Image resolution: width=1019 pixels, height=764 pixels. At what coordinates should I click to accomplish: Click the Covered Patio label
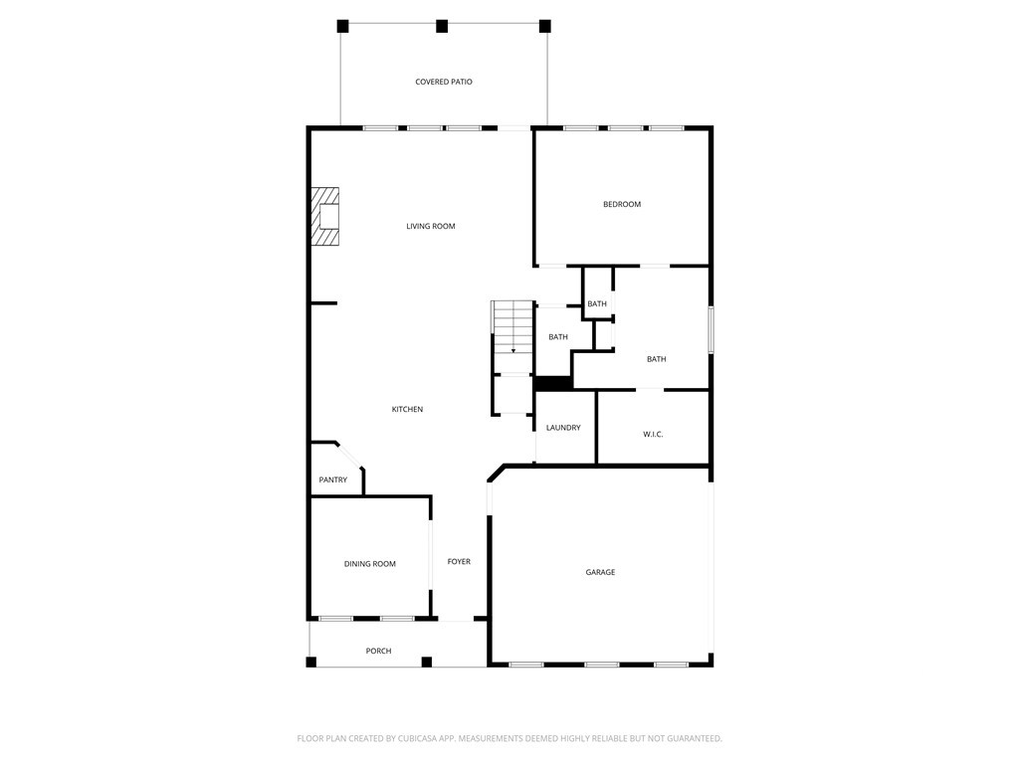pyautogui.click(x=444, y=82)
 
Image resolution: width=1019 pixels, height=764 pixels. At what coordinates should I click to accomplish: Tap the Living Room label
pyautogui.click(x=431, y=227)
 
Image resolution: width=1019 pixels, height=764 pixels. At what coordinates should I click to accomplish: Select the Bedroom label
pyautogui.click(x=622, y=205)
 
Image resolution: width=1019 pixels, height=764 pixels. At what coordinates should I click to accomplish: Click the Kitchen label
pyautogui.click(x=407, y=410)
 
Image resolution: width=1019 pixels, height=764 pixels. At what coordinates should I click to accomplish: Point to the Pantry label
pyautogui.click(x=333, y=480)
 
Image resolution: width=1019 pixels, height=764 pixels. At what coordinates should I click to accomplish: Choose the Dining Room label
pyautogui.click(x=370, y=564)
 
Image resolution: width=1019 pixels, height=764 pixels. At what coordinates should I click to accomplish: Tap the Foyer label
pyautogui.click(x=459, y=562)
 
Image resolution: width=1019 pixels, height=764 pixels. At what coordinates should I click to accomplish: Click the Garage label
pyautogui.click(x=600, y=573)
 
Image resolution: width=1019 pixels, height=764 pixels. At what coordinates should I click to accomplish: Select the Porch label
pyautogui.click(x=378, y=652)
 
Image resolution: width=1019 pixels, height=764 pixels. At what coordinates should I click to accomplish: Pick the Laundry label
pyautogui.click(x=563, y=428)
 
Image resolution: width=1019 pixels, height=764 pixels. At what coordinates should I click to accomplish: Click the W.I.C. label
pyautogui.click(x=653, y=435)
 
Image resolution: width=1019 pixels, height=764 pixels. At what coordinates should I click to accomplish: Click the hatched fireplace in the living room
pyautogui.click(x=325, y=216)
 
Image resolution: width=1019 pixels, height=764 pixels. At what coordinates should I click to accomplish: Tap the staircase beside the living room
pyautogui.click(x=513, y=328)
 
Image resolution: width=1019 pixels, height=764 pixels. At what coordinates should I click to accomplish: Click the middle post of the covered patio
pyautogui.click(x=442, y=26)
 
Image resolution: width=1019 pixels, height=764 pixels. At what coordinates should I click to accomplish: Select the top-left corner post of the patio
pyautogui.click(x=342, y=26)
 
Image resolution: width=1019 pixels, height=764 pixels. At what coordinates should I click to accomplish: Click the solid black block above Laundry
pyautogui.click(x=553, y=382)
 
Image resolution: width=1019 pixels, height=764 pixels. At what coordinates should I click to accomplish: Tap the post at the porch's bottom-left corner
pyautogui.click(x=311, y=662)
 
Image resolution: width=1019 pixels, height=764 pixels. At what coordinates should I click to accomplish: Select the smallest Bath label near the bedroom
pyautogui.click(x=597, y=304)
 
